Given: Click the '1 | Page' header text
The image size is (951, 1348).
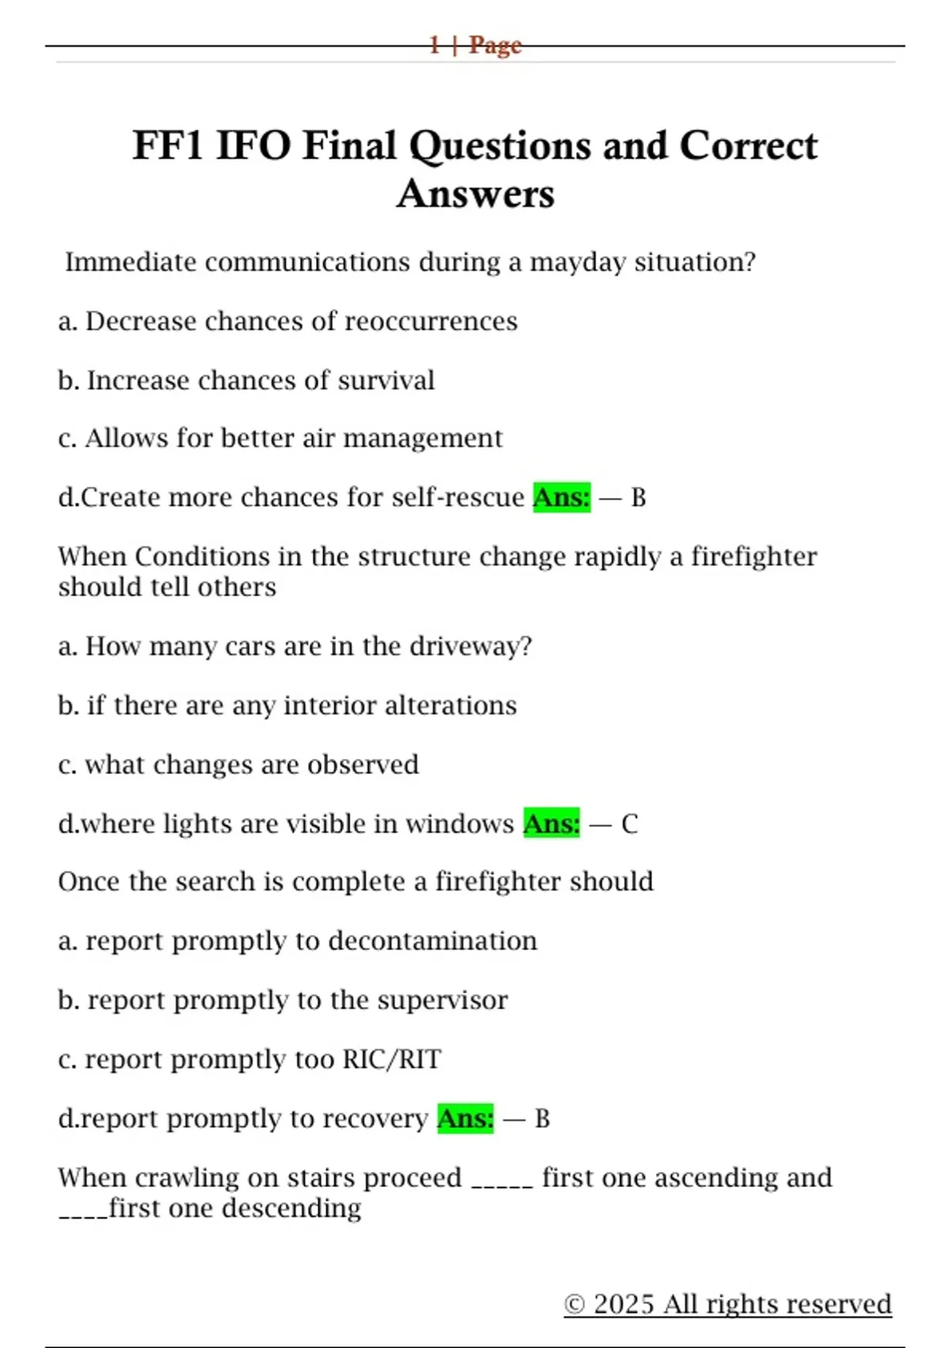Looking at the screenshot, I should click(x=475, y=45).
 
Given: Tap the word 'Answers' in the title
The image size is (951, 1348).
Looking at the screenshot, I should click(x=475, y=194).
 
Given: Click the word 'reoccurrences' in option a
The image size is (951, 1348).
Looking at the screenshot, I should click(x=431, y=321).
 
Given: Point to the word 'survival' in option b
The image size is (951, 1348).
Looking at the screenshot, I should click(x=386, y=381).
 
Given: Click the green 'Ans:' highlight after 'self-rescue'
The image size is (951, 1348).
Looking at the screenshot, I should click(x=561, y=497).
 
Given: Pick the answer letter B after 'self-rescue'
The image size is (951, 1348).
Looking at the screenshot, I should click(x=638, y=498).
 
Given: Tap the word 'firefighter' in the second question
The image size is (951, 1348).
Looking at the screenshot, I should click(x=753, y=557).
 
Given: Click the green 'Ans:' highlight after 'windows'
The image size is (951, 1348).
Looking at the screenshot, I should click(x=552, y=824).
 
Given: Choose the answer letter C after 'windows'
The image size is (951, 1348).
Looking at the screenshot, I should click(x=629, y=825).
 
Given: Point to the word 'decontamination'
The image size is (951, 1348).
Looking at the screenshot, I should click(x=432, y=941).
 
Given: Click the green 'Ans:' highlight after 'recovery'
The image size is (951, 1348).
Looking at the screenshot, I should click(x=465, y=1119).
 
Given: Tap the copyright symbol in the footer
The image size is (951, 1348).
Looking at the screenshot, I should click(x=575, y=1304).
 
